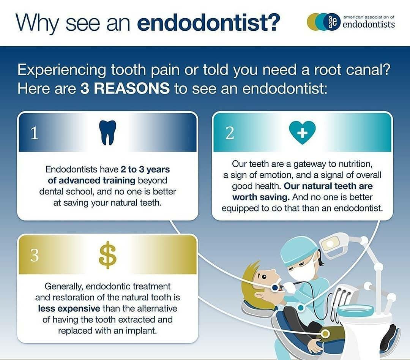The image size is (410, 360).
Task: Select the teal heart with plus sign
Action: click(302, 133)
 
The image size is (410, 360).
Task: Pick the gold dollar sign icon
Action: click(108, 255)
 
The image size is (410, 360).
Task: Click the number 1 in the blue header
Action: click(35, 133)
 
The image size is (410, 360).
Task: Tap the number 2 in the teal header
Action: click(230, 133)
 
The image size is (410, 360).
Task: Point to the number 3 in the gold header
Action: click(35, 255)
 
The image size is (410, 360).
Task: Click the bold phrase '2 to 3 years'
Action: click(145, 169)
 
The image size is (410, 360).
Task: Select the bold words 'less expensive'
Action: click(69, 309)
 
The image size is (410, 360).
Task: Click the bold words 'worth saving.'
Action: click(261, 197)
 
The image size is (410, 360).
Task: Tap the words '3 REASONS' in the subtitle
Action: click(125, 88)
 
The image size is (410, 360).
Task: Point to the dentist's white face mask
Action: click(301, 272)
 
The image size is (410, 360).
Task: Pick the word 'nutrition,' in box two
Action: click(356, 164)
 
